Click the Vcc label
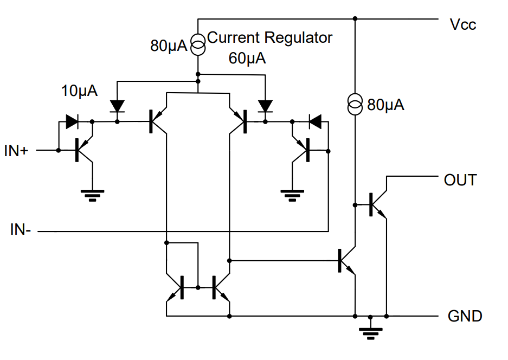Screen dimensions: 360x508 pos(462,25)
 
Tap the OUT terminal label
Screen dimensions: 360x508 pos(460,180)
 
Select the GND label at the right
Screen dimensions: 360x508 pos(465,316)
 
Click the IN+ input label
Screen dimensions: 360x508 pos(16,151)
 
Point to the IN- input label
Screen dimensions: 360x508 pos(21,230)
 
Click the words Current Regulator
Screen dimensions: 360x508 pos(269,38)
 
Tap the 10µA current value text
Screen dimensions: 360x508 pos(79,91)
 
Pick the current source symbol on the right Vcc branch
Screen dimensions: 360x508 pos(355,104)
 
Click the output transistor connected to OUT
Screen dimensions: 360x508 pos(377,204)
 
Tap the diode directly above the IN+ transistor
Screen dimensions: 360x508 pos(72,121)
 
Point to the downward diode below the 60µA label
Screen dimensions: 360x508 pos(265,105)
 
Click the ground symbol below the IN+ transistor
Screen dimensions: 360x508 pos(92,194)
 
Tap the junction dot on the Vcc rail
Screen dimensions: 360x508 pos(355,19)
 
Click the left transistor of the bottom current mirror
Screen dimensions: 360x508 pos(177,287)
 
